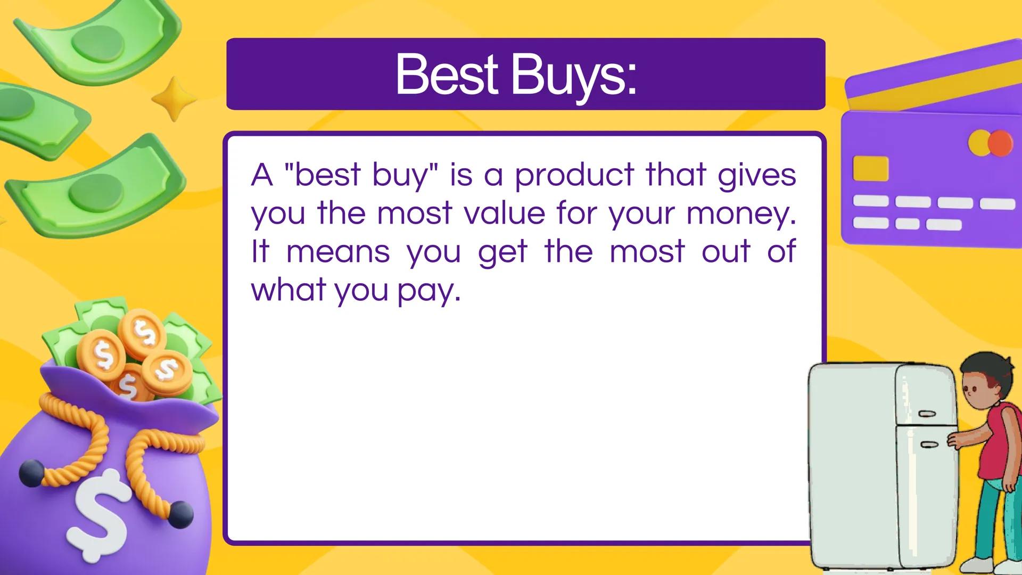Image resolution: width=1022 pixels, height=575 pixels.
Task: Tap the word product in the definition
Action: click(x=574, y=175)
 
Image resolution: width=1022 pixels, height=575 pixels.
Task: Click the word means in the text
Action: click(x=338, y=252)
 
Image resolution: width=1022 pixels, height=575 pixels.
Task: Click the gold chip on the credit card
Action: click(x=871, y=168)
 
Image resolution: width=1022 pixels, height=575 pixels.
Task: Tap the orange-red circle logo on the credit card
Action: click(x=1000, y=143)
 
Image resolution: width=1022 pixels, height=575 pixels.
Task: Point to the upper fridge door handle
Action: click(x=927, y=414)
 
